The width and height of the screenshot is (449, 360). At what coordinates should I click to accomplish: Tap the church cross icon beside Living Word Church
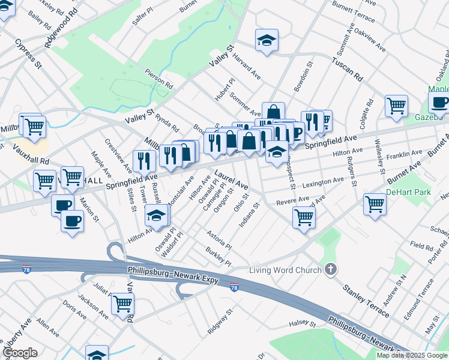330,270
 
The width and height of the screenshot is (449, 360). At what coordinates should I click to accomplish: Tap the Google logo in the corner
19,353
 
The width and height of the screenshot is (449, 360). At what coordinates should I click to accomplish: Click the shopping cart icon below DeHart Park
375,204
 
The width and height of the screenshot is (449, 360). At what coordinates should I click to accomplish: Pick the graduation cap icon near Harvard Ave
267,40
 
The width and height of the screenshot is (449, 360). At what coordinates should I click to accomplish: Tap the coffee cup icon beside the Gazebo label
439,103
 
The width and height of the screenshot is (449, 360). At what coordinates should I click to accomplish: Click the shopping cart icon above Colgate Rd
396,106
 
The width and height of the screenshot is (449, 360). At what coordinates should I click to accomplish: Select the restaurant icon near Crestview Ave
144,160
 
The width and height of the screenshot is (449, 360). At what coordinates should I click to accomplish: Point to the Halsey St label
303,324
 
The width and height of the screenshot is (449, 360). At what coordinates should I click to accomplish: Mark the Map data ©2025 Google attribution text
412,355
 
